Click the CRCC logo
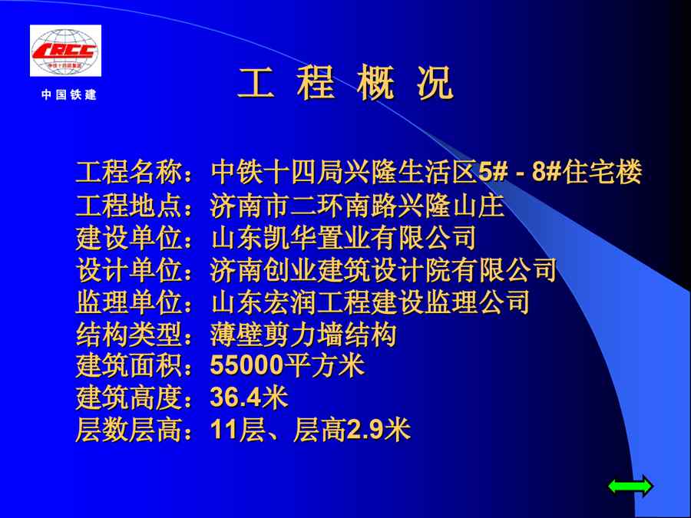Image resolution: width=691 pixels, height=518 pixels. (x=66, y=51)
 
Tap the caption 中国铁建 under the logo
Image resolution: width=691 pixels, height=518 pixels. (x=69, y=94)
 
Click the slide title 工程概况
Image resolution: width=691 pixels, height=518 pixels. (x=346, y=83)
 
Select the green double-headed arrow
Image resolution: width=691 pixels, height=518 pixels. (x=630, y=487)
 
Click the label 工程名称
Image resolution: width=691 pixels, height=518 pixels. (x=129, y=172)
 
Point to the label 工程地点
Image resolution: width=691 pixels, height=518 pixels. (x=129, y=205)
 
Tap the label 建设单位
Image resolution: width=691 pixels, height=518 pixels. (x=129, y=237)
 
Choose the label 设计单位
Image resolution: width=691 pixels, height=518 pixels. (x=129, y=269)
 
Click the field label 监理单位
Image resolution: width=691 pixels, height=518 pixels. (x=129, y=302)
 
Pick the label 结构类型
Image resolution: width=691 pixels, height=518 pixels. (x=129, y=335)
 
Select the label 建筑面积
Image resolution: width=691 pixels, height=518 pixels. (x=129, y=365)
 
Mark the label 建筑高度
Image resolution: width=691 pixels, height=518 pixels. (x=129, y=398)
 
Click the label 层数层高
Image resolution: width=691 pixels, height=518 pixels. (x=129, y=430)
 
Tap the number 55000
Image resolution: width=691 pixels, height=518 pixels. (x=246, y=365)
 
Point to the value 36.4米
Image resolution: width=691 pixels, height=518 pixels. (x=249, y=398)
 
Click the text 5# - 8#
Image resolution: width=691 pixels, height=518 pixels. (x=520, y=172)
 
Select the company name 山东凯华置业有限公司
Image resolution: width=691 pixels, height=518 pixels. (x=344, y=237)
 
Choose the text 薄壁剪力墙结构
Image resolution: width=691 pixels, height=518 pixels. (x=303, y=335)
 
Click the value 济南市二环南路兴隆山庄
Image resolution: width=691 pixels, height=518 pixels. (x=357, y=205)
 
